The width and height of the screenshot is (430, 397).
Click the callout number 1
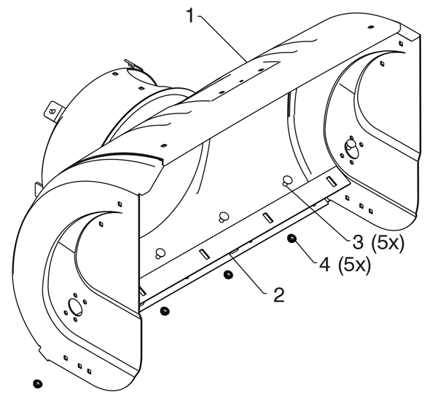191,15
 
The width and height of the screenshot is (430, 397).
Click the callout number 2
279,295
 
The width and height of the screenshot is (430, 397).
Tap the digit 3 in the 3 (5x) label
358,242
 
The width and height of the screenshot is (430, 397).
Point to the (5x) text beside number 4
354,265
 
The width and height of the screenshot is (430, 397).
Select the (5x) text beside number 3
388,242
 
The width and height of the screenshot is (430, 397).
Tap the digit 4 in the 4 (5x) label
325,265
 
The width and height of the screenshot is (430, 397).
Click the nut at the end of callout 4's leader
292,239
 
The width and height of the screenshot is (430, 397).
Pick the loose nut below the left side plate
37,384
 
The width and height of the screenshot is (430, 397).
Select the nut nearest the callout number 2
227,275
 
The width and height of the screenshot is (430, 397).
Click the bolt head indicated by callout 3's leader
287,181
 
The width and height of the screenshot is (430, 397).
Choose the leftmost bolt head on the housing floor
160,253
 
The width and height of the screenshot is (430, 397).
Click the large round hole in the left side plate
75,307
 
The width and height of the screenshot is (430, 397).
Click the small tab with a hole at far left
52,111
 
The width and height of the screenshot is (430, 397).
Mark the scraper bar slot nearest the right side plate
332,181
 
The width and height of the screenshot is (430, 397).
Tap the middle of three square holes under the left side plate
79,366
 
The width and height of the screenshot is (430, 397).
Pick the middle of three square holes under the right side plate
361,206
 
